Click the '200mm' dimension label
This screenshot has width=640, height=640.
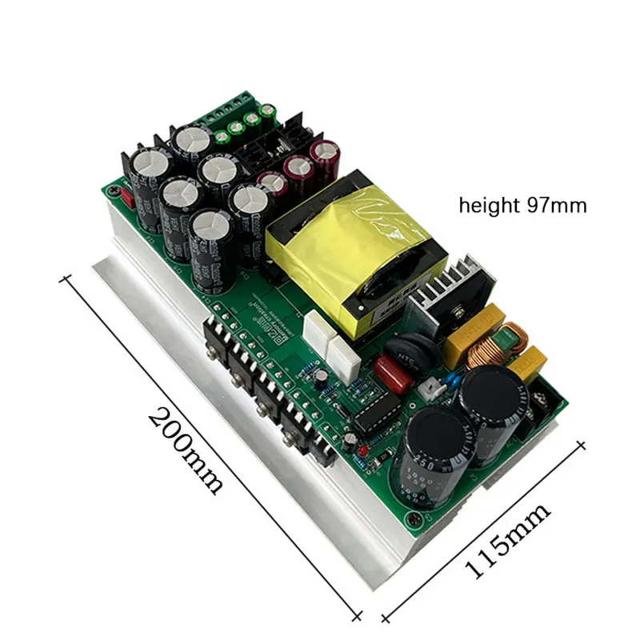click(186, 450)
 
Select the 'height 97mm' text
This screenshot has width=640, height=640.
click(522, 206)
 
